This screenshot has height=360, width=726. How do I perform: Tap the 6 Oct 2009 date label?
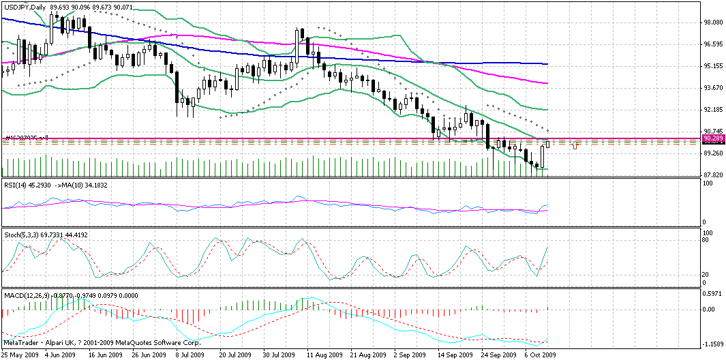click(540, 355)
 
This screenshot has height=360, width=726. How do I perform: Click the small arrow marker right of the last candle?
click(575, 145)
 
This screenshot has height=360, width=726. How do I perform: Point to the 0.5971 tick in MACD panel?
click(712, 294)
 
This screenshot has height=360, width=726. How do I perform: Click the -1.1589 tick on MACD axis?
click(712, 344)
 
